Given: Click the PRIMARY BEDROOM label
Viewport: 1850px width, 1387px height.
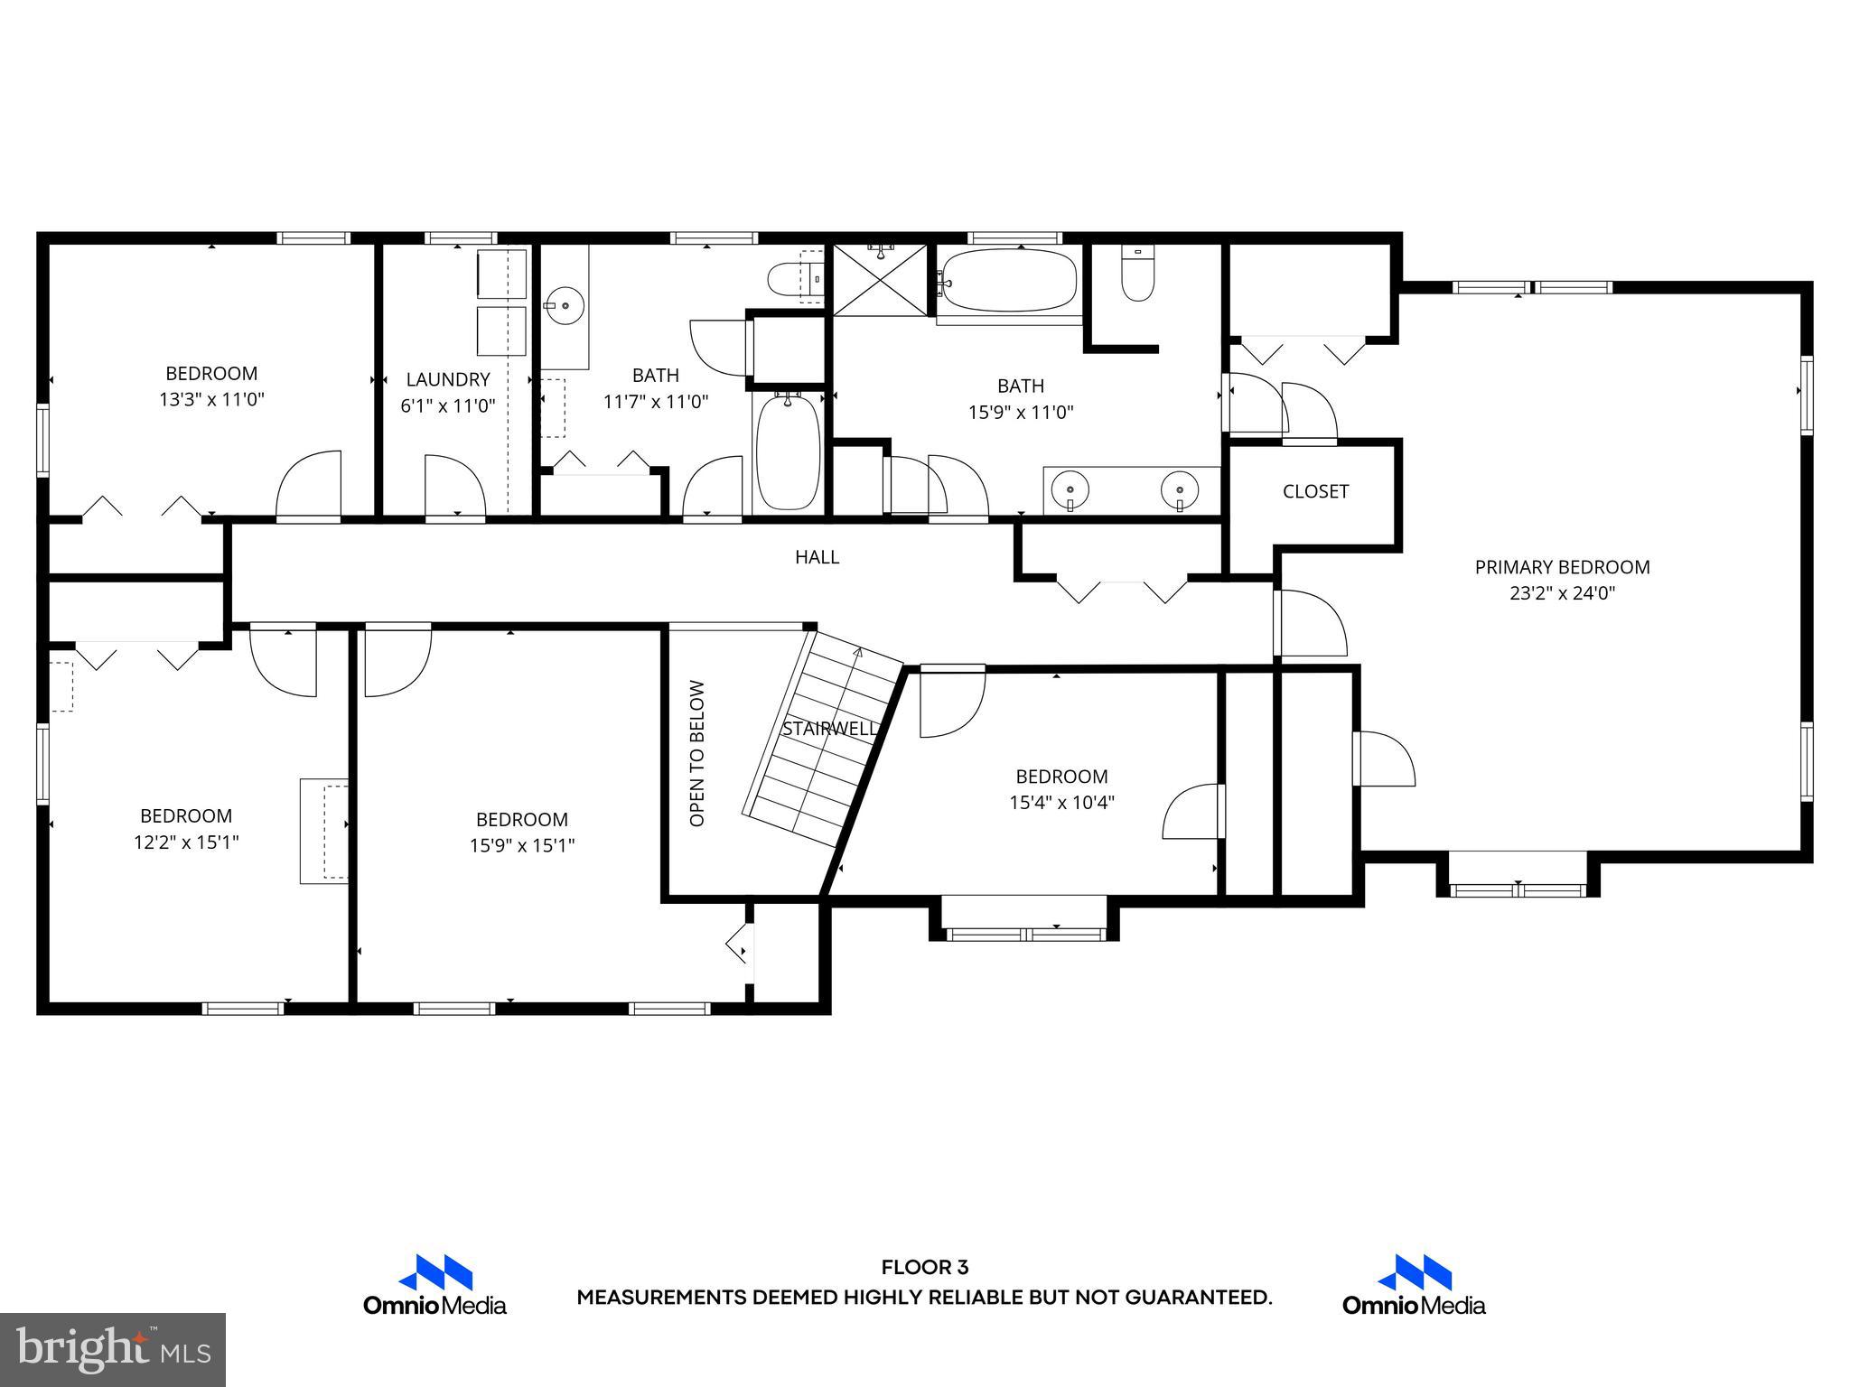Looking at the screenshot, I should pos(1562,567).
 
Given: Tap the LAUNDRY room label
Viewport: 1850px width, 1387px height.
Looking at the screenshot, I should pos(447,379).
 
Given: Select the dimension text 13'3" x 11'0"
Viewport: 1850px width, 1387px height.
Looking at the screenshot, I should pos(211,399).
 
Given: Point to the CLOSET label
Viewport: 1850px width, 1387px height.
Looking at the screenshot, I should pos(1315,491).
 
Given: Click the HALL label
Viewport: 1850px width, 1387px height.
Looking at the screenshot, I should pos(817,557).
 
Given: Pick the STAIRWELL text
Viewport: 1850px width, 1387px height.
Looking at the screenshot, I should pos(829,729).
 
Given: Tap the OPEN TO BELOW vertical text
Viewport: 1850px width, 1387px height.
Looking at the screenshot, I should pos(696,753).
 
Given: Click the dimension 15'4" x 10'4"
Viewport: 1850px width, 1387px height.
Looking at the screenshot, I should pos(1061,802).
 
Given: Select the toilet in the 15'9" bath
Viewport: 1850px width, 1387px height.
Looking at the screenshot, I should pos(1138,275).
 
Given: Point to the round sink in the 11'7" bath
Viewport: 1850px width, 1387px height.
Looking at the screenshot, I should pos(565,304).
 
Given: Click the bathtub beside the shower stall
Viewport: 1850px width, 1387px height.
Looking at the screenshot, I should pos(1009,281).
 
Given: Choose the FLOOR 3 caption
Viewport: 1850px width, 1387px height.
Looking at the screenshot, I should pos(924,1268).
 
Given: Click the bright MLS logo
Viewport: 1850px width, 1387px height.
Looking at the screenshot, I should pos(113,1349).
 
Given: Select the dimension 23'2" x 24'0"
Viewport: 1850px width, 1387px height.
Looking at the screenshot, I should pos(1562,593).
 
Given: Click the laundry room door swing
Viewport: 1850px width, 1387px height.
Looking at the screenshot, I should pos(454,486).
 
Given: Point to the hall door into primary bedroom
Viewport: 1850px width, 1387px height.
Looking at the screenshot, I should pos(1310,623).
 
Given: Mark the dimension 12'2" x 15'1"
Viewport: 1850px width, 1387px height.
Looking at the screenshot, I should pos(186,842).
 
